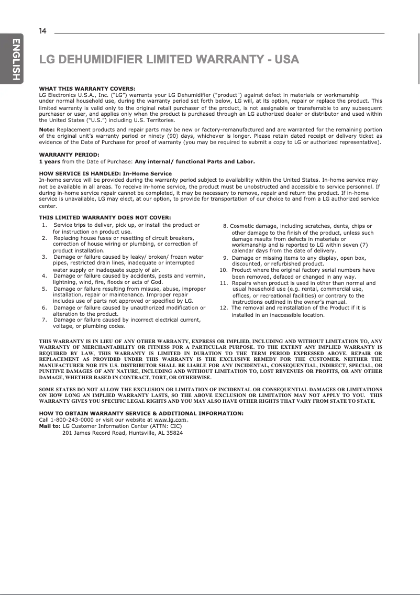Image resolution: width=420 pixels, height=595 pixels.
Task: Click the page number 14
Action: click(42, 31)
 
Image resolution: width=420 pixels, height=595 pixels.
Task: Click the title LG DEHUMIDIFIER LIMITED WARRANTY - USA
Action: click(169, 59)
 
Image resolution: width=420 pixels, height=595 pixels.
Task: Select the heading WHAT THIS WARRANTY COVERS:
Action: click(87, 89)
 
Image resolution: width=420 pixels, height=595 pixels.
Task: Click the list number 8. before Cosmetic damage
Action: click(225, 226)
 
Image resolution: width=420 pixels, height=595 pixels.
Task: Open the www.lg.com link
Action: click(171, 420)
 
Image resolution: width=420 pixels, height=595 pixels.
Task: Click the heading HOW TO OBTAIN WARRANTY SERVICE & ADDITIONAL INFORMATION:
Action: click(141, 414)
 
